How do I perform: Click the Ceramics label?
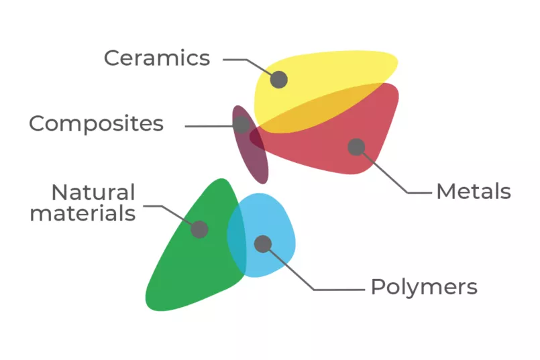point(156,58)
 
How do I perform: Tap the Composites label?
point(96,124)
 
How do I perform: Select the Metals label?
point(473,192)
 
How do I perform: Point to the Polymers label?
point(424,287)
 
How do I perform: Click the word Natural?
point(93,192)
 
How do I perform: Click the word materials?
point(83,214)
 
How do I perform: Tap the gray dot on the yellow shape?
point(279,80)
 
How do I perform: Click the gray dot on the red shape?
point(356,147)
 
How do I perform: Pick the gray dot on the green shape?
point(199,229)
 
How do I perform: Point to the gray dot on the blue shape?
point(263,244)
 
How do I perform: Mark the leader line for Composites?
point(208,125)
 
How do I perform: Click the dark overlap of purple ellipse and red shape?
point(256,137)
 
